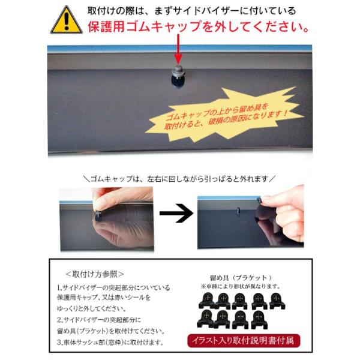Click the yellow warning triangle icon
pyautogui.click(x=67, y=20)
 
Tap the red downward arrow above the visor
pyautogui.click(x=178, y=49)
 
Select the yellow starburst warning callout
pyautogui.click(x=224, y=115)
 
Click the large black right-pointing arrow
pyautogui.click(x=177, y=213)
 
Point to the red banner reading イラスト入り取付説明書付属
pyautogui.click(x=244, y=341)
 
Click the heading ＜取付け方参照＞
pyautogui.click(x=95, y=274)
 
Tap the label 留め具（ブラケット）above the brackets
pyautogui.click(x=241, y=278)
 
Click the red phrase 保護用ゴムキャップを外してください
pyautogui.click(x=199, y=26)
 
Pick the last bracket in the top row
pyautogui.click(x=277, y=301)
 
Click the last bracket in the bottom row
pyautogui.click(x=259, y=319)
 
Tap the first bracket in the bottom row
pyautogui.click(x=206, y=319)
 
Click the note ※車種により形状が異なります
pyautogui.click(x=241, y=287)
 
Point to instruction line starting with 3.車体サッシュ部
pyautogui.click(x=110, y=343)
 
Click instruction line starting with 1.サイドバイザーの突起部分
pyautogui.click(x=113, y=287)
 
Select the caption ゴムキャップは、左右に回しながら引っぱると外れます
pyautogui.click(x=179, y=178)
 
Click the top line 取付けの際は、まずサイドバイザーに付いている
pyautogui.click(x=191, y=11)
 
